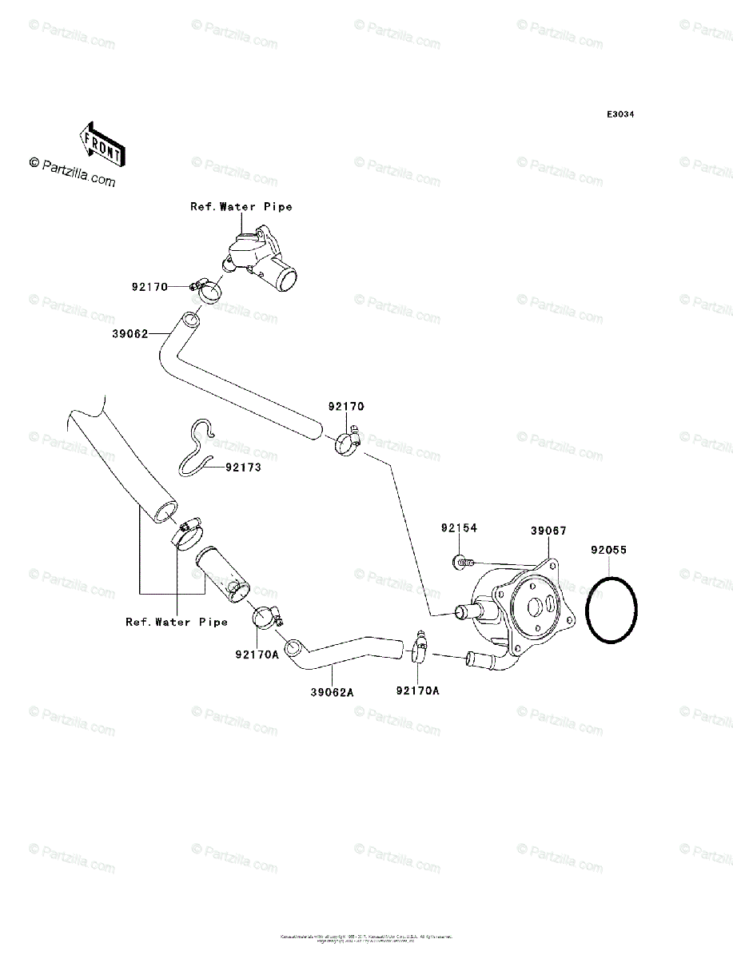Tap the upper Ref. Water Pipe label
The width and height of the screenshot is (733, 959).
(241, 206)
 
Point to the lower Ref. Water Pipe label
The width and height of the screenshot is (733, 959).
(176, 622)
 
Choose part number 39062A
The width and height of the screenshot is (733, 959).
(332, 693)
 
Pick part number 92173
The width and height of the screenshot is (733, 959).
(242, 468)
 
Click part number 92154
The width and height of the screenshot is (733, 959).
(458, 528)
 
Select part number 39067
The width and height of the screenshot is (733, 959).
(548, 530)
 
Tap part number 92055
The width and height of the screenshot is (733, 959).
(608, 550)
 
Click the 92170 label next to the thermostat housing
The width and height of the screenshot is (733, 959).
(149, 287)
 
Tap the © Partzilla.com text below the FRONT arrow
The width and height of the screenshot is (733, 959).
(72, 171)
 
